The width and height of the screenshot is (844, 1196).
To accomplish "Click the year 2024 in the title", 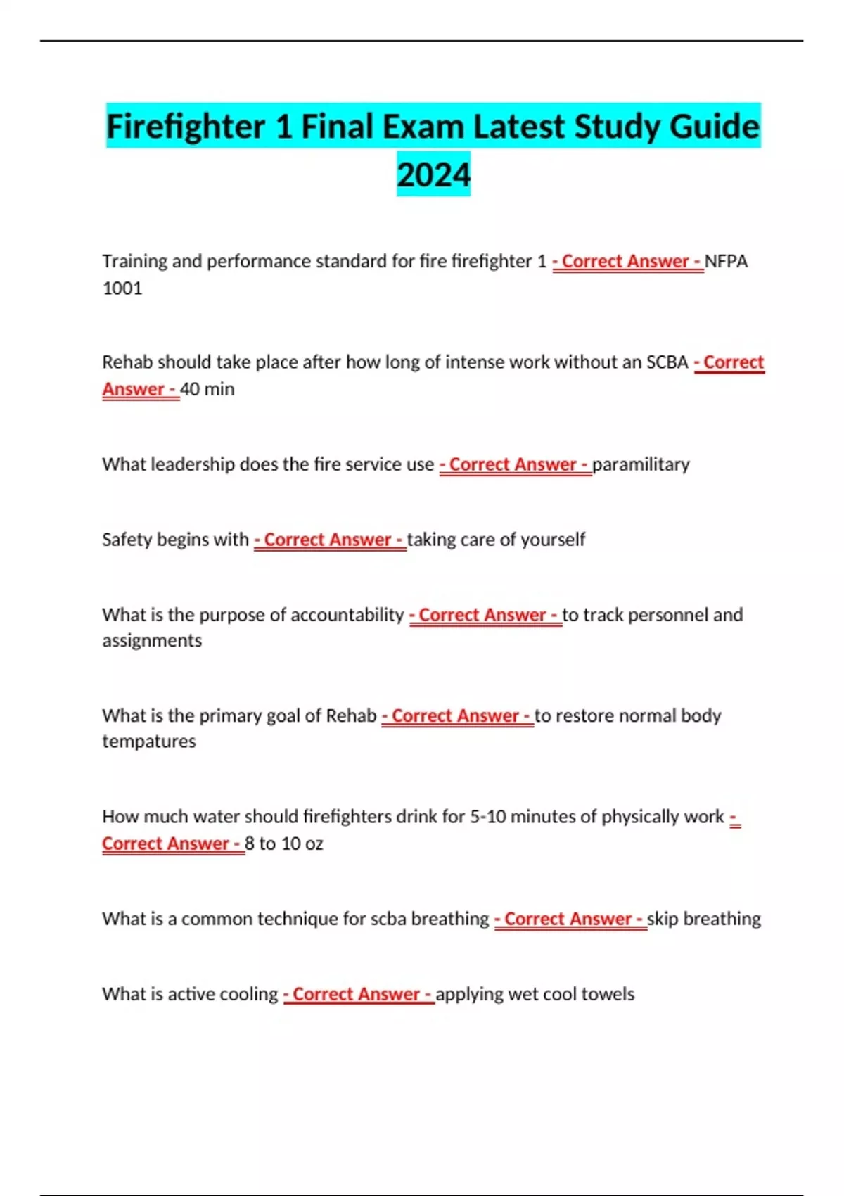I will click(433, 174).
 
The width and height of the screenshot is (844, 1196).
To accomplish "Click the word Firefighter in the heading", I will click(185, 127).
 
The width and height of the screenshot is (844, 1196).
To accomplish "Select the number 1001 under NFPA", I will click(122, 288).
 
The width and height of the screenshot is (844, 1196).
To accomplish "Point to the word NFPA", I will click(726, 261).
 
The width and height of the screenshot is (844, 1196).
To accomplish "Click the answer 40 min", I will click(207, 389).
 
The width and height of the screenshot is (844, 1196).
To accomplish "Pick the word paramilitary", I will click(641, 464).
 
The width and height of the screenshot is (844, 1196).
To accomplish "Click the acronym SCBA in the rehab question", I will click(667, 362).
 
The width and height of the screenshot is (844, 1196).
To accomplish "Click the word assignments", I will click(152, 641).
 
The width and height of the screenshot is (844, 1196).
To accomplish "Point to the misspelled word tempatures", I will click(149, 742).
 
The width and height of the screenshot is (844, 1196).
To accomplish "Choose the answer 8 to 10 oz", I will click(284, 844).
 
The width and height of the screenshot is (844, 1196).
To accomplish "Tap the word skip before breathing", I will click(663, 919).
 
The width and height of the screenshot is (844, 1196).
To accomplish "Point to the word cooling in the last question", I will click(249, 994).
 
